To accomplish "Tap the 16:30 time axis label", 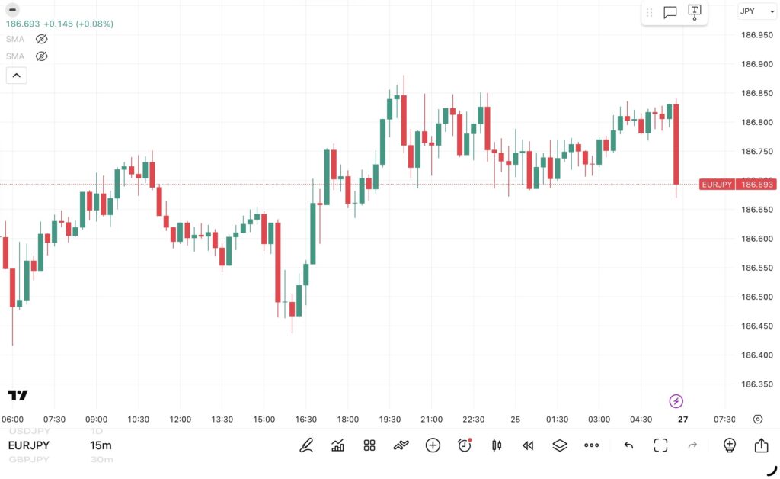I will [x=305, y=420].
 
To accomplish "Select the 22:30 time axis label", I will [x=474, y=420].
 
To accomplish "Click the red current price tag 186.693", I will [x=757, y=185].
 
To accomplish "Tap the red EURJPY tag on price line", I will [x=717, y=185].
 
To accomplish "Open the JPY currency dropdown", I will [x=756, y=11].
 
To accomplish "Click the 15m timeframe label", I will [x=101, y=445].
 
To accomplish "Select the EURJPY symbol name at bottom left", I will [x=29, y=445].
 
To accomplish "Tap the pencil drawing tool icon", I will [x=306, y=445].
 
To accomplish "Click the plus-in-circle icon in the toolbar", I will [x=433, y=445].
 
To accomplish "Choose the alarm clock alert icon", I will [x=464, y=445].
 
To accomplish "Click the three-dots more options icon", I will [x=591, y=445].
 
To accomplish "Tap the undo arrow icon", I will [x=628, y=445].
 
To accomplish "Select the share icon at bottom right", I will [x=761, y=445].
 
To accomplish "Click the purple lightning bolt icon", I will [x=676, y=401].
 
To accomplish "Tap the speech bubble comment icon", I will [x=670, y=12].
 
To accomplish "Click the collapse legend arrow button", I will [x=16, y=75].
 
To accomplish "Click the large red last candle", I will [x=676, y=143].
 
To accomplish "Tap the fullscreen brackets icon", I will [x=660, y=445].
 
